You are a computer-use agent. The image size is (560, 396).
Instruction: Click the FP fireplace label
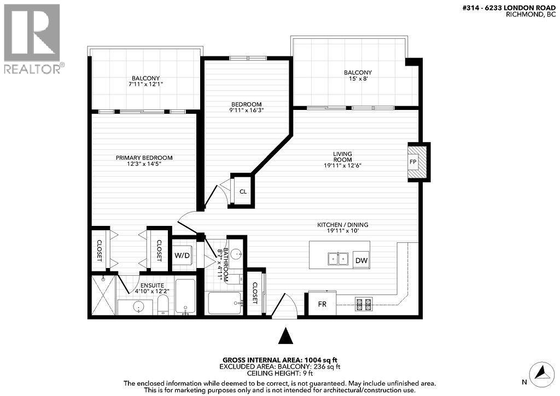pyautogui.click(x=413, y=162)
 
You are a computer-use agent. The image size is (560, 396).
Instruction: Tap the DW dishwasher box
pyautogui.click(x=361, y=261)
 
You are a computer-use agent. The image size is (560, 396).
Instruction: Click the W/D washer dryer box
pyautogui.click(x=183, y=255)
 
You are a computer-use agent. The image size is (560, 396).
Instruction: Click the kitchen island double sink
pyautogui.click(x=337, y=259)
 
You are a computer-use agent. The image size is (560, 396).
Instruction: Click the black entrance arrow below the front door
pyautogui.click(x=285, y=335)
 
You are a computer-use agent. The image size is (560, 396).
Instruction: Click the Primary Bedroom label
pyautogui.click(x=144, y=158)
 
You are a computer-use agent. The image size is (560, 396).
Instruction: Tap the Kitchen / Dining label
pyautogui.click(x=343, y=225)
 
